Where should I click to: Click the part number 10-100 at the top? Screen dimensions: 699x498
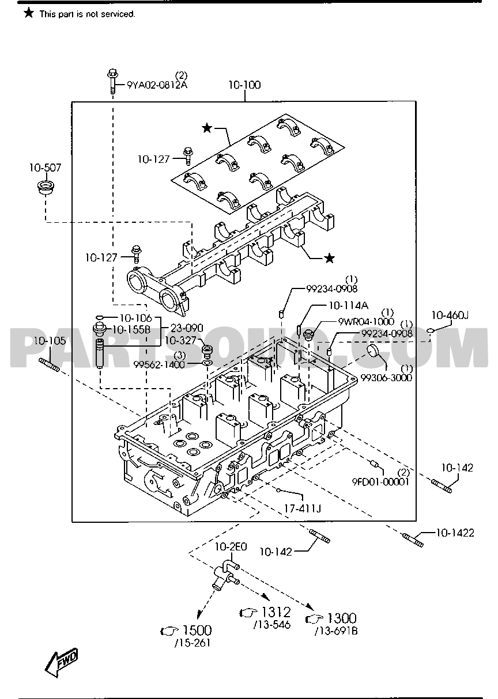tap(244, 85)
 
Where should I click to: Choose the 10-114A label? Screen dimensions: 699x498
tap(349, 306)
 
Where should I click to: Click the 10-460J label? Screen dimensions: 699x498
tap(450, 315)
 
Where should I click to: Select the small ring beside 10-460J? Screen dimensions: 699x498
tap(431, 330)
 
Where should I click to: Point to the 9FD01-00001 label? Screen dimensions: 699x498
tap(381, 482)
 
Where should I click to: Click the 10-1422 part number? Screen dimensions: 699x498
tap(455, 533)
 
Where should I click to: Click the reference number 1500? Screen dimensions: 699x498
tap(197, 630)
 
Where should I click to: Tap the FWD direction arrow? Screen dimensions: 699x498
tap(63, 662)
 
